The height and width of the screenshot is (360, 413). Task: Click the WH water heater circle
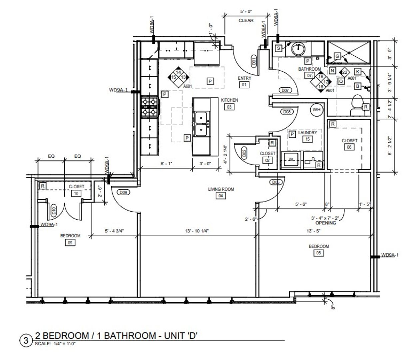coord(316,110)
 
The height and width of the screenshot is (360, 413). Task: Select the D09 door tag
coord(123,193)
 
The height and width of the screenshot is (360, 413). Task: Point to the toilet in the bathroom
coord(357,105)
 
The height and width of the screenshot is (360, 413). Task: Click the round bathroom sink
coord(298,49)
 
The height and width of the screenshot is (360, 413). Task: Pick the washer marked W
coord(291,160)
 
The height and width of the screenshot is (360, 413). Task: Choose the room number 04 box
coord(220,196)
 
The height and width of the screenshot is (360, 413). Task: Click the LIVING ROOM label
coord(221,189)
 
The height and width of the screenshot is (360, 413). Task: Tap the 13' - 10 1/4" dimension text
coord(197,231)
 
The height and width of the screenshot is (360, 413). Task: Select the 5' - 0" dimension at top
coord(246,12)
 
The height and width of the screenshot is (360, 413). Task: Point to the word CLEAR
coord(246,20)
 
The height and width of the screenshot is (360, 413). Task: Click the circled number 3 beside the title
coord(26,341)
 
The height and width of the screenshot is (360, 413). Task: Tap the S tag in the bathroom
coord(278,48)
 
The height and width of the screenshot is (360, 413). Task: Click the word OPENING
coord(326,223)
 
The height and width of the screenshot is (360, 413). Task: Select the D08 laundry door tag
coord(287,112)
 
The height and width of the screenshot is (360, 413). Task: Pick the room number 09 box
coord(70,242)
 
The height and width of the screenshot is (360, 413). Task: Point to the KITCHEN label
coord(229,100)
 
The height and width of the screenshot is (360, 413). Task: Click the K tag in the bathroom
coord(357,72)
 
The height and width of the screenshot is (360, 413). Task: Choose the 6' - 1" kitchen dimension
coord(166,163)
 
